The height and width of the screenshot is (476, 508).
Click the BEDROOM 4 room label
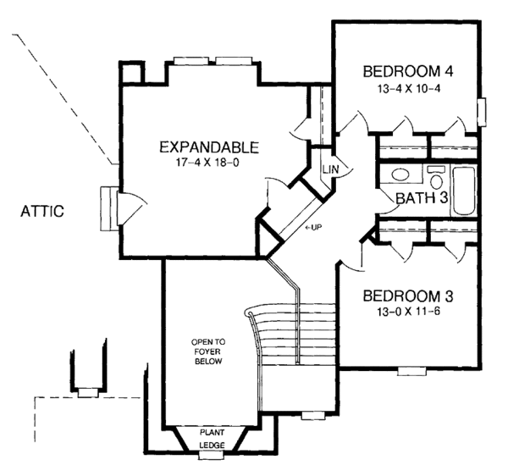pos(407,71)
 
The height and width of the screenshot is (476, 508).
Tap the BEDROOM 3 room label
pos(407,296)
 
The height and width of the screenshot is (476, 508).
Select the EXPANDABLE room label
pos(209,147)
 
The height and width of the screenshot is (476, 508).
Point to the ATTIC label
pos(42,211)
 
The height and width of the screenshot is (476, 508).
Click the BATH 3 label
pos(422,197)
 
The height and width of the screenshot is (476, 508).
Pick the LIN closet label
pos(330,169)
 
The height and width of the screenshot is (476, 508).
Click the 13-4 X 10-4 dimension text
pos(409,88)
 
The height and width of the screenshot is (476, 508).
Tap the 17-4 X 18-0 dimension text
pos(207,163)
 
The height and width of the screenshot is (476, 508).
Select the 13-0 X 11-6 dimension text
pos(408,312)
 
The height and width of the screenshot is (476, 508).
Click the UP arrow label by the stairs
pos(313,228)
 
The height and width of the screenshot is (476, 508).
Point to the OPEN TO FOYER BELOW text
pos(208,351)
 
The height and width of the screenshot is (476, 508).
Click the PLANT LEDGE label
pos(212,439)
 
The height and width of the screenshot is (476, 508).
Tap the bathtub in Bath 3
pos(464,191)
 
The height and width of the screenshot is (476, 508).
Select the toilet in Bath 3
pos(436,177)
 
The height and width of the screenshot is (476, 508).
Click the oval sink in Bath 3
pos(400,175)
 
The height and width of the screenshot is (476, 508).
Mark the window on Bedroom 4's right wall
pos(482,112)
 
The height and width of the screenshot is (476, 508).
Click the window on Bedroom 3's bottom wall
pos(411,371)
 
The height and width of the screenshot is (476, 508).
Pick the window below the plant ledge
pos(211,456)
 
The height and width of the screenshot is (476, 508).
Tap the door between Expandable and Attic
pos(130,208)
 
